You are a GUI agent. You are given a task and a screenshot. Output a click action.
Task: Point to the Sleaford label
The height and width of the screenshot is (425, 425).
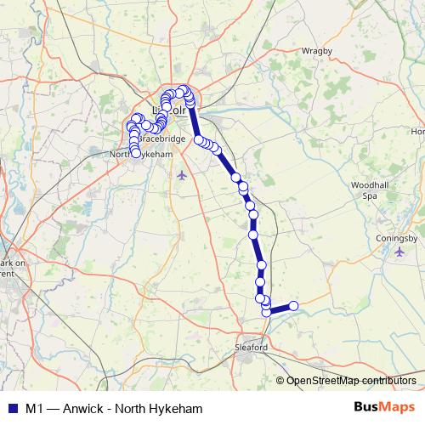[250, 348]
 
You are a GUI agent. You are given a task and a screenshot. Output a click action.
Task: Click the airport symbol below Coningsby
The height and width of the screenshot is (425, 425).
[400, 252]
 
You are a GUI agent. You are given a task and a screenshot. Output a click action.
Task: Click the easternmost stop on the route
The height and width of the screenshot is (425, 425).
[294, 306]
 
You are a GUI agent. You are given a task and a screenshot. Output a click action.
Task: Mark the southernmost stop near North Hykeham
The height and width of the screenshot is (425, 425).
[136, 154]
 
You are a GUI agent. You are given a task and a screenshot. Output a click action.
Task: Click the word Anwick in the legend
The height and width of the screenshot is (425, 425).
[82, 406]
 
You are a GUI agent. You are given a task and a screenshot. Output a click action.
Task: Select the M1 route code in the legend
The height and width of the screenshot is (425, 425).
[35, 406]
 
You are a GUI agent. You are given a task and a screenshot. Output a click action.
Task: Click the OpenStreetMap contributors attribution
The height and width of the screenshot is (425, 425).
[350, 380]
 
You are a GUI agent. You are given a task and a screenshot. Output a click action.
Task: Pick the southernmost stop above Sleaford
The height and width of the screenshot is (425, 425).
[266, 312]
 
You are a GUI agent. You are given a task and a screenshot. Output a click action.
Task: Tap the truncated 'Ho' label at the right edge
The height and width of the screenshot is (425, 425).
[417, 132]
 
